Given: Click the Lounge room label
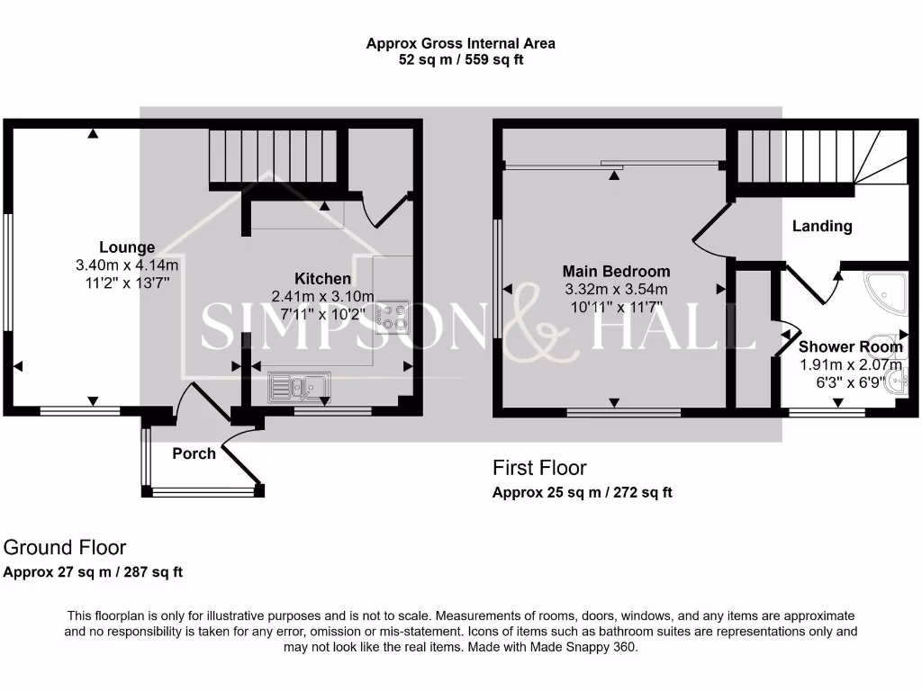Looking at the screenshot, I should [x=127, y=247].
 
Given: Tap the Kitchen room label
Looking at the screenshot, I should [x=322, y=278].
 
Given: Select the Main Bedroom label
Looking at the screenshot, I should [x=616, y=271].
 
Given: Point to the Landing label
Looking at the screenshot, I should [x=821, y=226].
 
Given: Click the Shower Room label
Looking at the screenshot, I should [x=850, y=347].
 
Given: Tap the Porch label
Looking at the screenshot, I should [x=194, y=453].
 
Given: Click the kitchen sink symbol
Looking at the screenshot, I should [x=299, y=387].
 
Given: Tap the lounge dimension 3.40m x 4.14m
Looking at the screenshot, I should [x=127, y=265].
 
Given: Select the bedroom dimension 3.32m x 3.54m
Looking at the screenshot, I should [x=616, y=289].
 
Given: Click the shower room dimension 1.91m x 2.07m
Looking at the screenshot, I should [x=850, y=365].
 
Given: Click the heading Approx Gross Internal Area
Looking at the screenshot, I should [x=460, y=43].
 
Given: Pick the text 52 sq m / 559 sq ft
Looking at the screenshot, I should [x=460, y=60].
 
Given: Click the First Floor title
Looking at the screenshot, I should [x=539, y=468].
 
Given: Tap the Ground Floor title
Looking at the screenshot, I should [x=65, y=547].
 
